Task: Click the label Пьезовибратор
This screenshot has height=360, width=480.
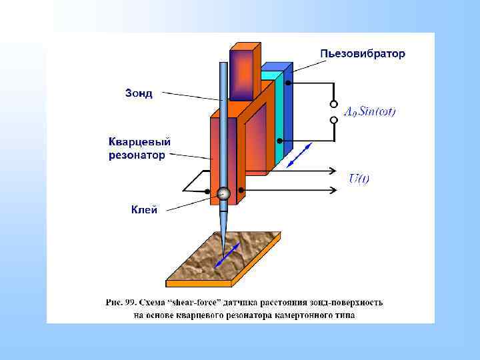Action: point(362,53)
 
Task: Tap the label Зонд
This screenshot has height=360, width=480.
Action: point(139,93)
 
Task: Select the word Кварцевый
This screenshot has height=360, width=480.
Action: point(140,142)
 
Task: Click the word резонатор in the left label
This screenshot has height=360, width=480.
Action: point(137,155)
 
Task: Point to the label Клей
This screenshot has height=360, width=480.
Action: point(144,210)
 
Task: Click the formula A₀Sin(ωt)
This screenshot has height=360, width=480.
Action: point(369,112)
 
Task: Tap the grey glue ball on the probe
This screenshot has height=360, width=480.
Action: point(223,193)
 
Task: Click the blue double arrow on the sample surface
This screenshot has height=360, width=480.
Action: point(228,255)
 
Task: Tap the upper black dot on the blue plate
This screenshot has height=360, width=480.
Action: point(287,83)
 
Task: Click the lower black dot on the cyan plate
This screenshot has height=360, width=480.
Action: point(278,141)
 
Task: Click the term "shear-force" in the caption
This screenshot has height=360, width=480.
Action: point(195,302)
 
